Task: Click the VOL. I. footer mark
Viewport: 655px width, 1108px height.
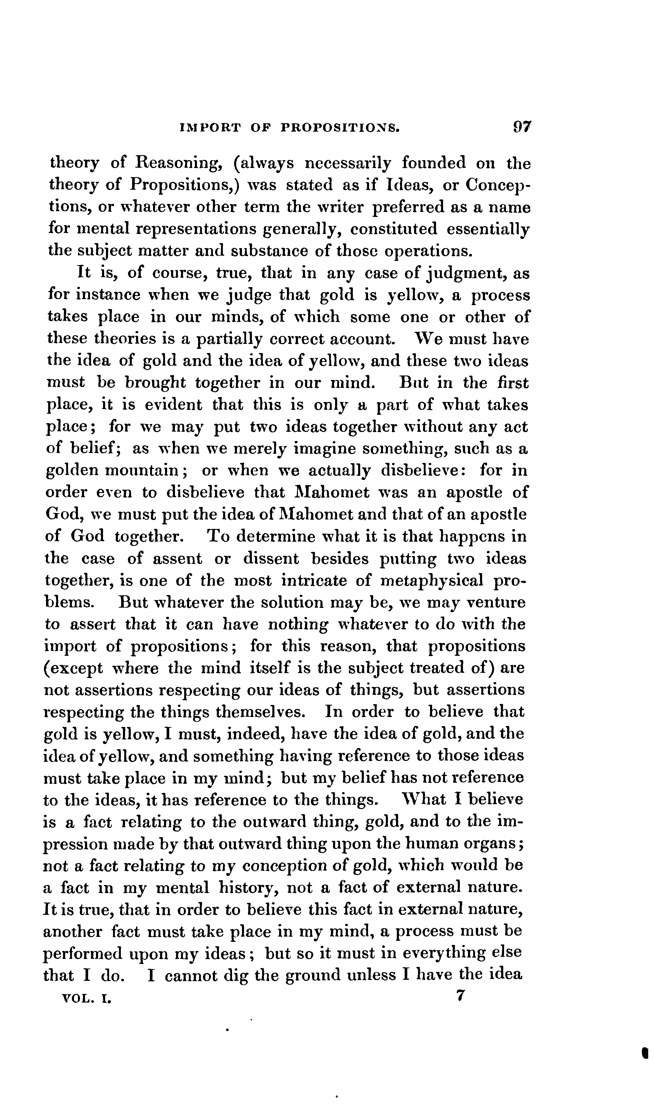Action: pyautogui.click(x=87, y=997)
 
